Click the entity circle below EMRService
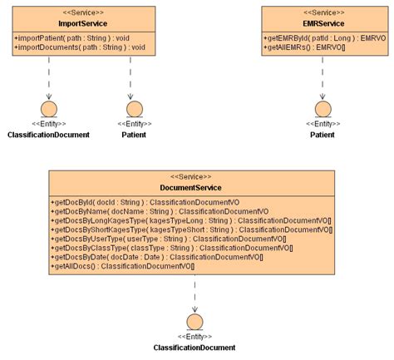pos(323,109)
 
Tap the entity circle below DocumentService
pos(195,323)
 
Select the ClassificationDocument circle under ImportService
pos(48,109)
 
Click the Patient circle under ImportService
pos(133,109)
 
